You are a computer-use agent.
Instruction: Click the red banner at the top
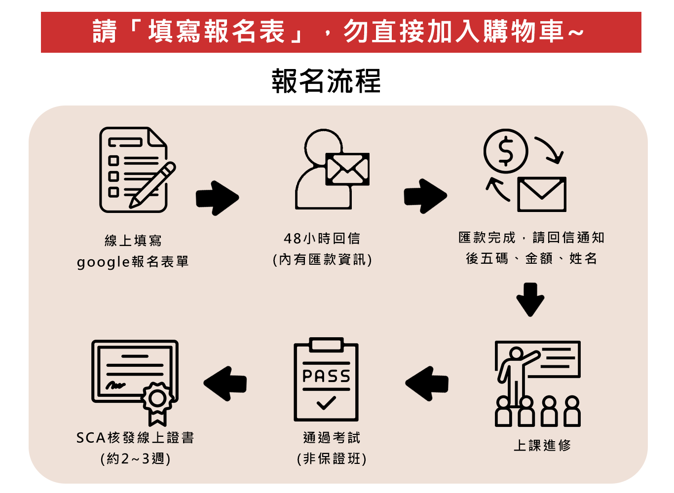point(340,32)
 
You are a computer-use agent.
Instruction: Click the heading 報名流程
point(326,81)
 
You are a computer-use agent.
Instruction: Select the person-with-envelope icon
point(331,170)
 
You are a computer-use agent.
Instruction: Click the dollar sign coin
point(506,151)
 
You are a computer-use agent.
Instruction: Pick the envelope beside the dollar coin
point(542,194)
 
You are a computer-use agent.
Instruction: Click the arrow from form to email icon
point(217,198)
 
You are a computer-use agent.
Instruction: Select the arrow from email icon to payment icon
point(425,196)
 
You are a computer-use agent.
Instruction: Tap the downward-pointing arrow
point(530,299)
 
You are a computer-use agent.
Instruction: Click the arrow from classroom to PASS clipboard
point(427,383)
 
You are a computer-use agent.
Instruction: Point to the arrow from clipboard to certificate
point(225,383)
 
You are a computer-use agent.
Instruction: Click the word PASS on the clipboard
point(326,376)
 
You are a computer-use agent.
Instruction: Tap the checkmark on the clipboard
point(326,403)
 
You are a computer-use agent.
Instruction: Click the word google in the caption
point(103,262)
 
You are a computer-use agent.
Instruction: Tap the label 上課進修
point(542,446)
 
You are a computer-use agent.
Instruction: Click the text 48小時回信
point(322,239)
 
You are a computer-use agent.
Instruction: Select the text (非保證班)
point(332,459)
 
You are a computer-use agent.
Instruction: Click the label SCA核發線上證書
point(135,438)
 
